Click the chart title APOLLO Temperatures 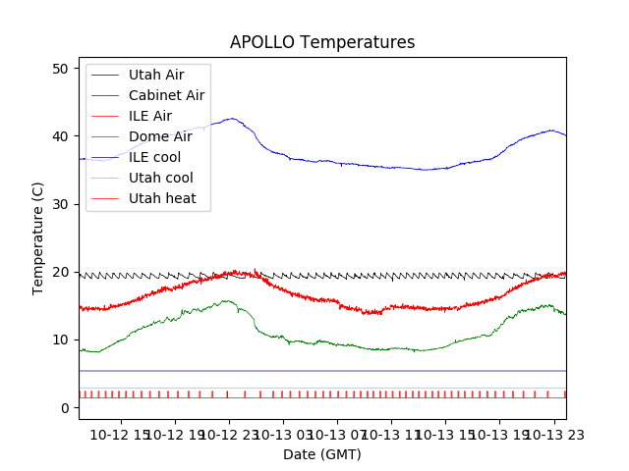322,42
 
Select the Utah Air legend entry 155,75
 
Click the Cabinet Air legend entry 166,95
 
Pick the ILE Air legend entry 150,116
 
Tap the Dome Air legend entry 160,136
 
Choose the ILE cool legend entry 154,157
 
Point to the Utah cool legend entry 160,178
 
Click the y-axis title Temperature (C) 39,237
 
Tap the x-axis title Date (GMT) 322,454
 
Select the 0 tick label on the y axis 64,408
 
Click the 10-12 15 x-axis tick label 120,433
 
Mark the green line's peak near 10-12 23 226,300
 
